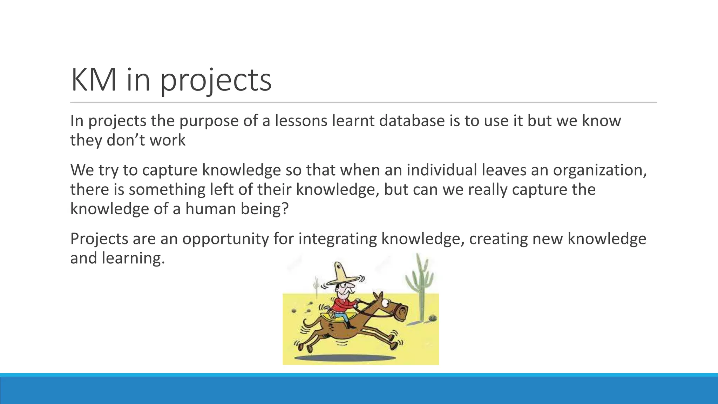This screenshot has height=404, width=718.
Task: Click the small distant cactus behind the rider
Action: [317, 285]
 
